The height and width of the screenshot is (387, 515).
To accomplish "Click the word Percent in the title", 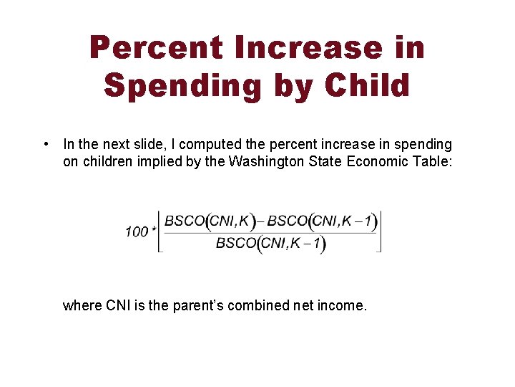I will [156, 49].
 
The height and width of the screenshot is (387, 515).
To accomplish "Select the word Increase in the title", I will [308, 49].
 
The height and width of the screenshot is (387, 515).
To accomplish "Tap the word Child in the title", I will [367, 85].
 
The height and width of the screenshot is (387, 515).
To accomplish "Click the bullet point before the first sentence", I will [45, 145].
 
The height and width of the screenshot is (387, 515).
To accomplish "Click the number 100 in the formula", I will [136, 231].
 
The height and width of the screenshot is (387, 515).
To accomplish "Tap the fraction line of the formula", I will [270, 231].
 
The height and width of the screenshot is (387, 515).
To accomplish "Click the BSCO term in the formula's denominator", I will [236, 244].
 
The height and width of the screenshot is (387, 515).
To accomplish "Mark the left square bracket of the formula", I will [160, 231].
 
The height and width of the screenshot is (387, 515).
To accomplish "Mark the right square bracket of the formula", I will [379, 231].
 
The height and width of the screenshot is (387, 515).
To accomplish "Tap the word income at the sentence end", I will [343, 306].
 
